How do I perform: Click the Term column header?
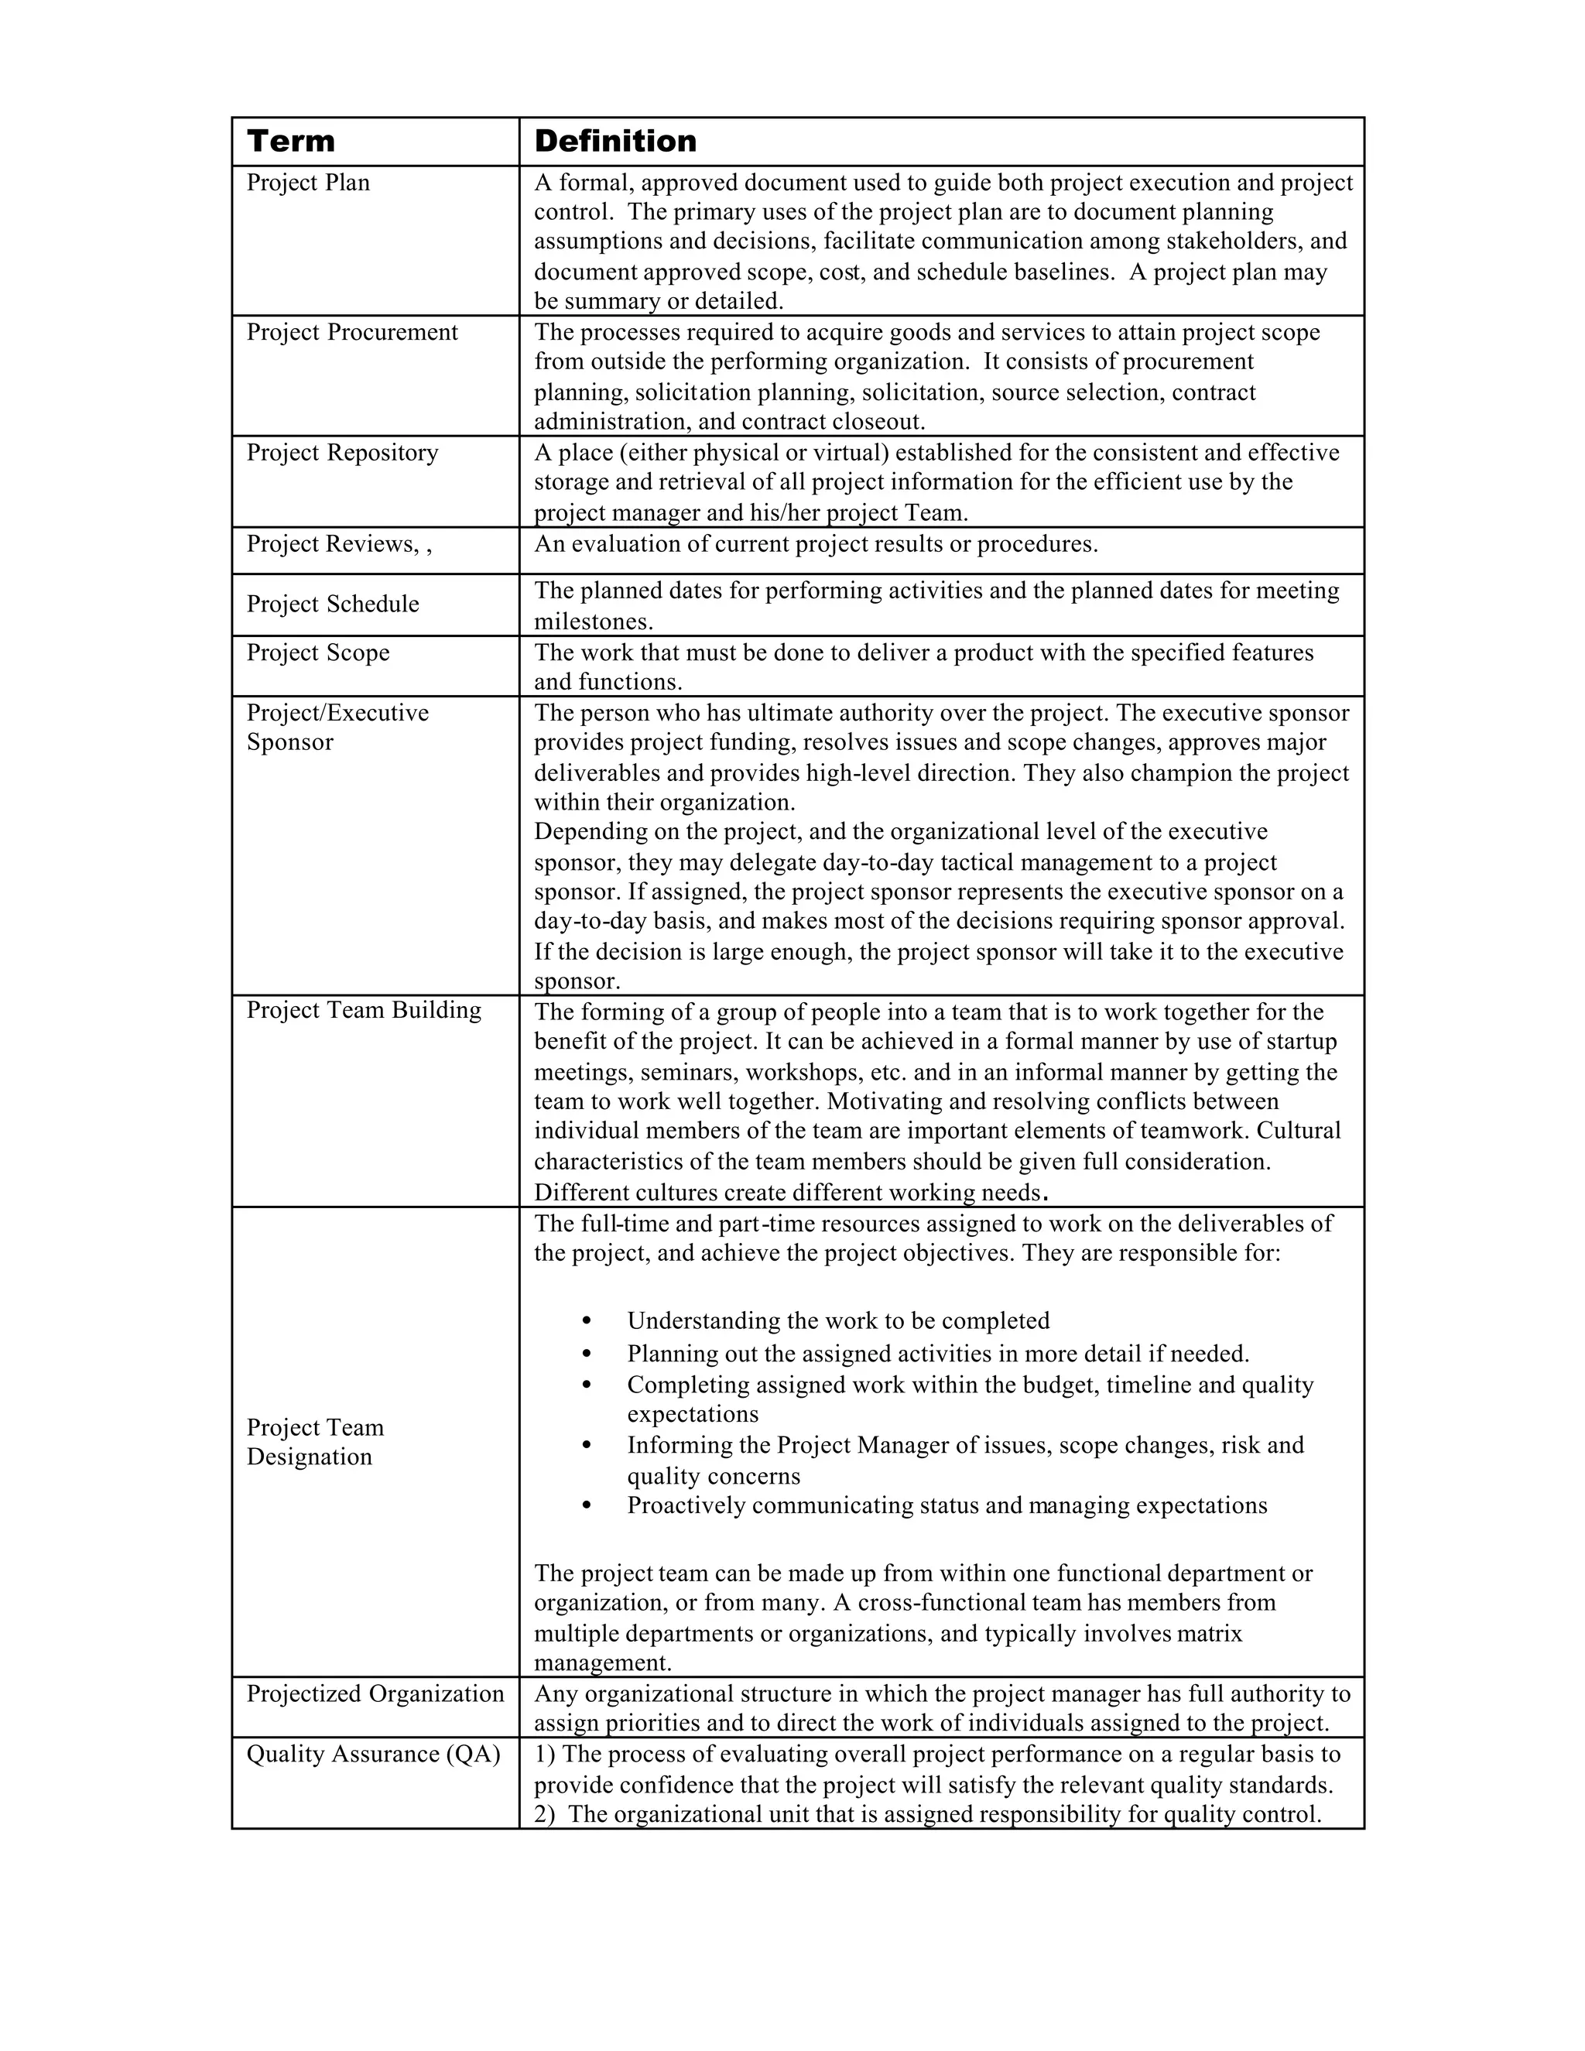click(x=290, y=142)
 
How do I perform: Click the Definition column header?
click(x=615, y=142)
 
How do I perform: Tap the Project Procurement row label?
click(x=352, y=333)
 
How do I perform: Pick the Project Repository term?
click(x=342, y=453)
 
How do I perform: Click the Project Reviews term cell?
click(x=339, y=545)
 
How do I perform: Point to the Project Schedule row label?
click(x=332, y=604)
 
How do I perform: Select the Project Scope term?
click(x=317, y=652)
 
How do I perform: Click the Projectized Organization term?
click(x=375, y=1693)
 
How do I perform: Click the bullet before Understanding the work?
click(x=587, y=1321)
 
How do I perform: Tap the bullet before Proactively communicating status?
click(x=587, y=1505)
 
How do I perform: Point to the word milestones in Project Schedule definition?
click(x=591, y=621)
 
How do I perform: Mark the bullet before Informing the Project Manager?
click(x=587, y=1445)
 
